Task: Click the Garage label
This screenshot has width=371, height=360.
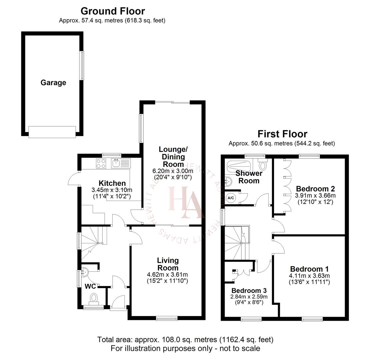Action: (x=53, y=83)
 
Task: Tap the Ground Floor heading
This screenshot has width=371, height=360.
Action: (x=113, y=11)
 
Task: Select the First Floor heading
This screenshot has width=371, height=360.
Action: (x=282, y=134)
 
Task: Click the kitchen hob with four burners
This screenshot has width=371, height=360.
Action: (x=101, y=163)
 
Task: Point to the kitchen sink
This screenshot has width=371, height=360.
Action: (x=116, y=163)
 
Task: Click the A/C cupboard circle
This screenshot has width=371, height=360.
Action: (x=231, y=198)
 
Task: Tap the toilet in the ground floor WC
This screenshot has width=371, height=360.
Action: (x=94, y=298)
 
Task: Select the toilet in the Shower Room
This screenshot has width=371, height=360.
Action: (x=263, y=165)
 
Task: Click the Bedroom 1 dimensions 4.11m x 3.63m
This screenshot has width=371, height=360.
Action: (x=310, y=276)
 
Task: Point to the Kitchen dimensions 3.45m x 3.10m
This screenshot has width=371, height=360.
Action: (x=112, y=190)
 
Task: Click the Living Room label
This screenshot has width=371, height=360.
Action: (x=168, y=264)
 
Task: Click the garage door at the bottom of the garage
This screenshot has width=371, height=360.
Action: (x=52, y=132)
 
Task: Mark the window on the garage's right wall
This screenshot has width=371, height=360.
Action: (x=81, y=65)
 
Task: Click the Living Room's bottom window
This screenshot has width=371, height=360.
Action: (x=167, y=319)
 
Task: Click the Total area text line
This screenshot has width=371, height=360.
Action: (x=185, y=340)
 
